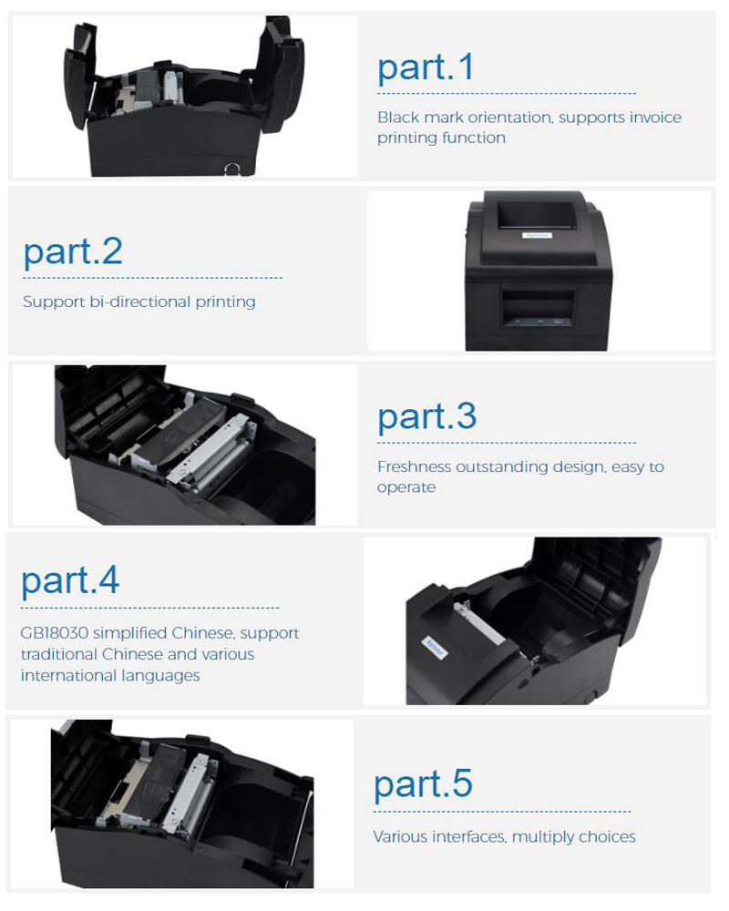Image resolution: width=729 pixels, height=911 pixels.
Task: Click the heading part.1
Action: tap(426, 68)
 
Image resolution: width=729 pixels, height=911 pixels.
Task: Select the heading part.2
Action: tap(73, 252)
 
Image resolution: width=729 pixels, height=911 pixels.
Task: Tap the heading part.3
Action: tap(427, 418)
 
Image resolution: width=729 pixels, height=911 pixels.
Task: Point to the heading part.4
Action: tap(70, 580)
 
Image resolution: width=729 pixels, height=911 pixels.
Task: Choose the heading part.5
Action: tap(423, 784)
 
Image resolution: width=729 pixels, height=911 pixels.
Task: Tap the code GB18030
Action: tap(54, 633)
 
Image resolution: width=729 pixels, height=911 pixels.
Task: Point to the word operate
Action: tap(406, 487)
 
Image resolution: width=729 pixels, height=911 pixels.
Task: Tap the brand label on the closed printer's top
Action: tap(536, 235)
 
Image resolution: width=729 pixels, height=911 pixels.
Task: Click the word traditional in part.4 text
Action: tap(58, 654)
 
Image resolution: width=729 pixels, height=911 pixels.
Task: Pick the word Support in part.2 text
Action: tap(54, 302)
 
